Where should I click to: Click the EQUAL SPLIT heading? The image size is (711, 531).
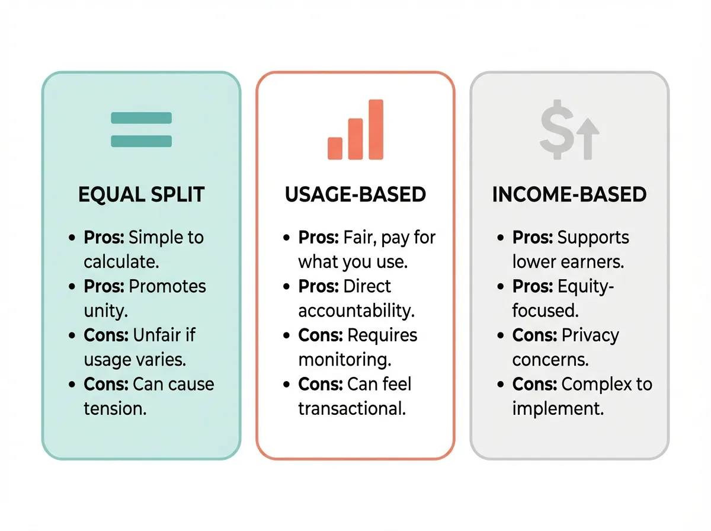point(141,195)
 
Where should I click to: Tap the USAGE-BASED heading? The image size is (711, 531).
point(355,195)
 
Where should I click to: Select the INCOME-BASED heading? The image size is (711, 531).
point(569,195)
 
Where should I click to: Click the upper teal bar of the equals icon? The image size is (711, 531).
point(142,118)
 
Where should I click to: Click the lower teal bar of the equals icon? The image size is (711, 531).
point(142,141)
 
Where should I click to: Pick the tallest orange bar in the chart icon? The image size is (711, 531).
point(376,129)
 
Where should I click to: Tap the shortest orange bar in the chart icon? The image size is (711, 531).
point(335,148)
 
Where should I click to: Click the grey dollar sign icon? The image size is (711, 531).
point(555,132)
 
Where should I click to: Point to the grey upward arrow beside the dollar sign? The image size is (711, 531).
point(588,137)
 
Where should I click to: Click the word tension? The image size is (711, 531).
point(114,408)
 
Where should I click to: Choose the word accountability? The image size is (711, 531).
point(356,311)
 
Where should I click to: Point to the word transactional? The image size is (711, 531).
point(352,408)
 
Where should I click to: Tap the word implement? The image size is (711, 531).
point(558,408)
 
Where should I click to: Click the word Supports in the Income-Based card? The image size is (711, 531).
point(593,238)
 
